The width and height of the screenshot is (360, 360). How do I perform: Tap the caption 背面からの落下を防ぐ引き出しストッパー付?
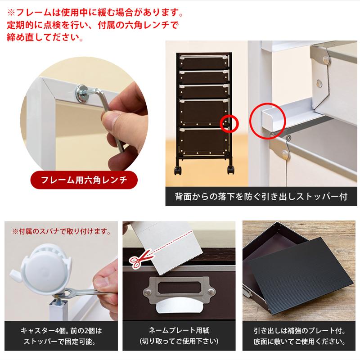(261, 197)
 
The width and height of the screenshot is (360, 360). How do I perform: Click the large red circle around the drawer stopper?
(268, 119)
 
